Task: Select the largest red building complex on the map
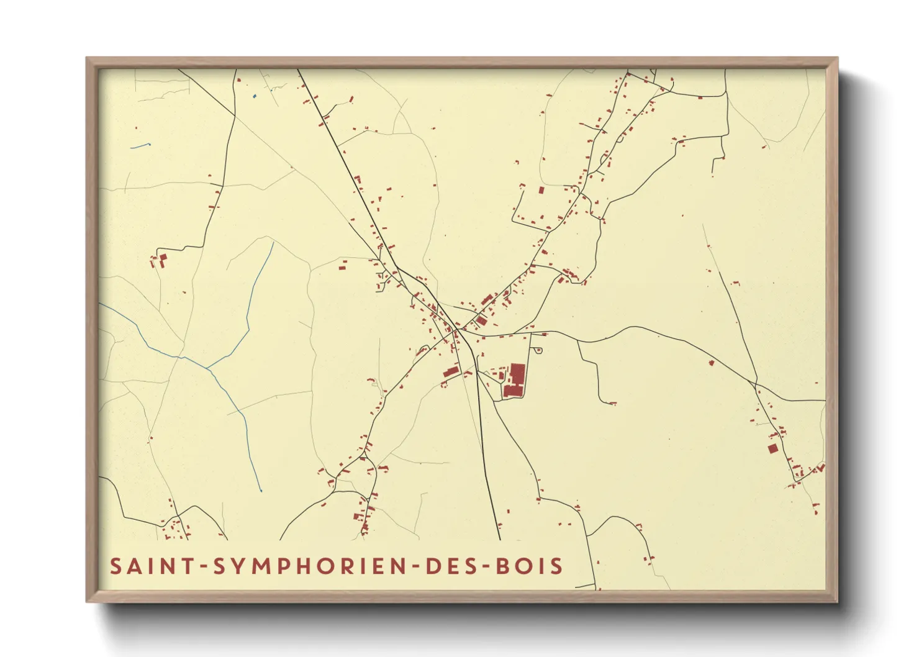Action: (x=515, y=380)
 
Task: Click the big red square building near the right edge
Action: (x=772, y=448)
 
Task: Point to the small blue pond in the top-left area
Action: (x=255, y=96)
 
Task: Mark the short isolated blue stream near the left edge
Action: (x=141, y=146)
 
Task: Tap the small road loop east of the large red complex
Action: (x=538, y=351)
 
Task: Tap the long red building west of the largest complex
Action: (x=451, y=372)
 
